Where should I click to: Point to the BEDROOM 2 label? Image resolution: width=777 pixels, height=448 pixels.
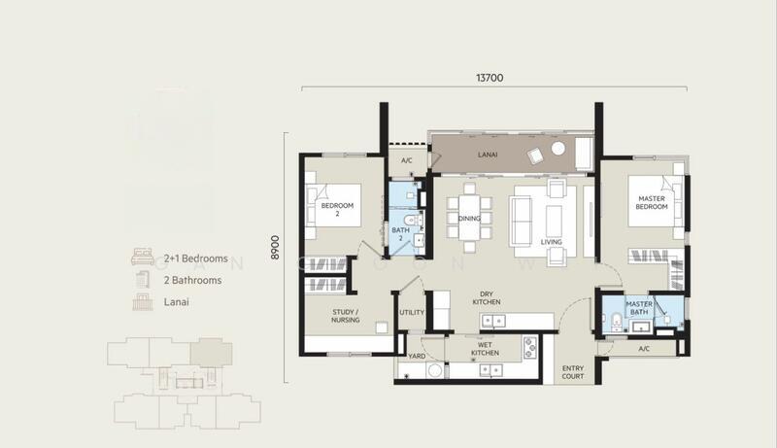(x=337, y=210)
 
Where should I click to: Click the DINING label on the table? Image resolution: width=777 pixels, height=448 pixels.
(x=469, y=219)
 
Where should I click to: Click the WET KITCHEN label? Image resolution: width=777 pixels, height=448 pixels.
(x=485, y=350)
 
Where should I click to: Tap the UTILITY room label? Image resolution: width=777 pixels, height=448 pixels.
(x=412, y=313)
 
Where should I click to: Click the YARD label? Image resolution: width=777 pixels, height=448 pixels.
(x=417, y=356)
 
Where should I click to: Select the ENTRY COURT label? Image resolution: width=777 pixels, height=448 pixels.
(x=573, y=373)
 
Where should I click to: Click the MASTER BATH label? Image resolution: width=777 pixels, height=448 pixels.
(x=638, y=308)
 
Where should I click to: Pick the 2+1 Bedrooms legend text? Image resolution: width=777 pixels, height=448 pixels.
(x=195, y=259)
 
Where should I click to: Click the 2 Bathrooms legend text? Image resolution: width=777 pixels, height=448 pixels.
(x=192, y=281)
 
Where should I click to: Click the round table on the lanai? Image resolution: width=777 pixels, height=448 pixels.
(x=558, y=148)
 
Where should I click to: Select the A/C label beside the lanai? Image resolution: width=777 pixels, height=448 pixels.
(x=408, y=161)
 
